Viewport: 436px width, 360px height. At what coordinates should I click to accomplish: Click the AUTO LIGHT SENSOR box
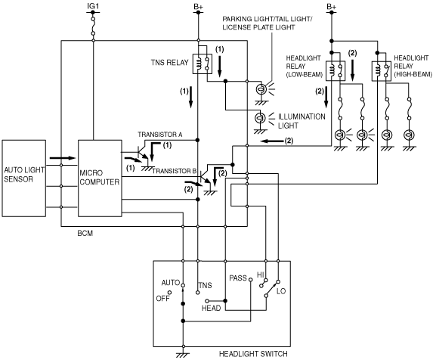click(x=24, y=178)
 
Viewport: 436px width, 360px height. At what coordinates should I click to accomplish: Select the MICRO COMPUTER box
click(x=100, y=178)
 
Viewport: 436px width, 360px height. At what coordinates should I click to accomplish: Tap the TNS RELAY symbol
click(x=203, y=64)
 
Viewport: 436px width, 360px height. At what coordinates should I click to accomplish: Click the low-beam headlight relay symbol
click(x=336, y=71)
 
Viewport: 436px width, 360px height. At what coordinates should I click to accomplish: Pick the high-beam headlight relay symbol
click(x=382, y=71)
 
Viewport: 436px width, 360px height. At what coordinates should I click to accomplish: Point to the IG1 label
click(x=93, y=6)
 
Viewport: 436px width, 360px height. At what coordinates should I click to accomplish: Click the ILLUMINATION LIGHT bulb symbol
click(x=261, y=118)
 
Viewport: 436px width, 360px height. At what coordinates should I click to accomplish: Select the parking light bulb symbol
click(x=261, y=89)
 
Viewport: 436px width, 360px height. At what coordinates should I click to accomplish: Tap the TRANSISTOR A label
click(x=160, y=135)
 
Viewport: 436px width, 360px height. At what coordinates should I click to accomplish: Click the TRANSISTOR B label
click(x=175, y=171)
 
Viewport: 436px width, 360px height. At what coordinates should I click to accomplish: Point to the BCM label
click(x=85, y=234)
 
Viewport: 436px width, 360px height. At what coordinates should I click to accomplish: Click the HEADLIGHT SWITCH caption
click(x=253, y=354)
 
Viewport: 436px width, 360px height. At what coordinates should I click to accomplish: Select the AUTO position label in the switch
click(x=171, y=283)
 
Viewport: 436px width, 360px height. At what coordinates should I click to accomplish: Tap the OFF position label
click(x=162, y=299)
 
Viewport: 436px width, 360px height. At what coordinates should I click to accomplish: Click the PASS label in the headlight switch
click(x=238, y=278)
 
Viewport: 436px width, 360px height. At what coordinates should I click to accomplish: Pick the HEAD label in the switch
click(x=211, y=309)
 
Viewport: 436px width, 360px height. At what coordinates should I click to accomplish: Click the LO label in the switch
click(x=281, y=291)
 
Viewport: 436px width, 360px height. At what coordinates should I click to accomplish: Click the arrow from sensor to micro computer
click(x=63, y=158)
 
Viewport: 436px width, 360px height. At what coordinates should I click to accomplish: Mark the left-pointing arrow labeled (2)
click(x=272, y=141)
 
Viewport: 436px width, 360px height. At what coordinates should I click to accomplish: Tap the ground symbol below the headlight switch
click(x=183, y=355)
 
